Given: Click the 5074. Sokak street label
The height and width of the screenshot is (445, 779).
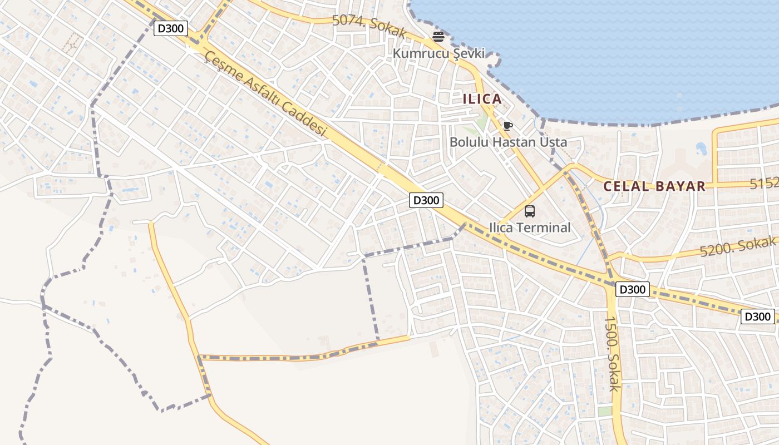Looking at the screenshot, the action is (x=369, y=26).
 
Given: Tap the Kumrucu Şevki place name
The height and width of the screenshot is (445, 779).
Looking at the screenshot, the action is (x=438, y=53).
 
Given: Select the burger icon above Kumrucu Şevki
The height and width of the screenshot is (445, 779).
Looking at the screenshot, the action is (x=438, y=37).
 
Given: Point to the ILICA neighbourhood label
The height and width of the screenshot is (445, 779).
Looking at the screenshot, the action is (x=482, y=99).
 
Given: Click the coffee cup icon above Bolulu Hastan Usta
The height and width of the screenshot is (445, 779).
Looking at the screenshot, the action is (x=507, y=126).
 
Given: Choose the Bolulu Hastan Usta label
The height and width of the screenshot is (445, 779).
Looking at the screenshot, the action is (x=508, y=142).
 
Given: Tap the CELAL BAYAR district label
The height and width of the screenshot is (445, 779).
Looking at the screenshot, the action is (x=654, y=186).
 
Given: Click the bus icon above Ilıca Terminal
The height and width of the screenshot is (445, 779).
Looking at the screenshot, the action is (x=530, y=211).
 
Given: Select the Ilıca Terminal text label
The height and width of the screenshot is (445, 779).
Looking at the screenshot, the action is (x=530, y=228).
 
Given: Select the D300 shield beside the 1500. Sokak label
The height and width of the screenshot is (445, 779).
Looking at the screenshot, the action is (x=633, y=289).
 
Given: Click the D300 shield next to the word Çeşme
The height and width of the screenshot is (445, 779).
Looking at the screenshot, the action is (x=171, y=28).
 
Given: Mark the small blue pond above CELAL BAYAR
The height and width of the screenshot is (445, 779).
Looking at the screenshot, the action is (x=701, y=149).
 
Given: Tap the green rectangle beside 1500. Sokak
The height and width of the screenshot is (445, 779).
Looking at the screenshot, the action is (x=605, y=412).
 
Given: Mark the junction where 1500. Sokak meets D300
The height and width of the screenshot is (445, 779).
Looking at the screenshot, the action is (x=610, y=281).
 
